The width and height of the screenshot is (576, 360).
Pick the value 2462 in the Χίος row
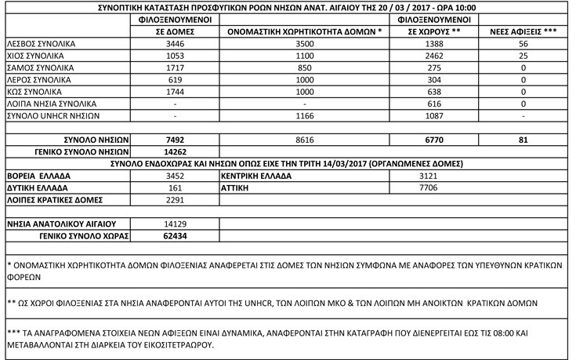433,57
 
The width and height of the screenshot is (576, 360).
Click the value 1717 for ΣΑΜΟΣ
174,69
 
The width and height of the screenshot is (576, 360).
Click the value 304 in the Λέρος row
433,80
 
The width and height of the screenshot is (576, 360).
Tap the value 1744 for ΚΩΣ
174,92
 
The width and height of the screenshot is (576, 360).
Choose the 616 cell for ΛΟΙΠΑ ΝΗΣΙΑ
433,104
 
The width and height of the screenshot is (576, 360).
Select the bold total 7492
174,140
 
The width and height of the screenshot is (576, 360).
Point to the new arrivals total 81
523,140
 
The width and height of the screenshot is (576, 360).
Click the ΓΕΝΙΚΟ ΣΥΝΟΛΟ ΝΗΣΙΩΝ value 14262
174,151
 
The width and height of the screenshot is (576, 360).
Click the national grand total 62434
174,235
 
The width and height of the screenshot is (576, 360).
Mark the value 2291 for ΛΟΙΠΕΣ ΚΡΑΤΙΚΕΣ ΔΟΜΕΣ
174,200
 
